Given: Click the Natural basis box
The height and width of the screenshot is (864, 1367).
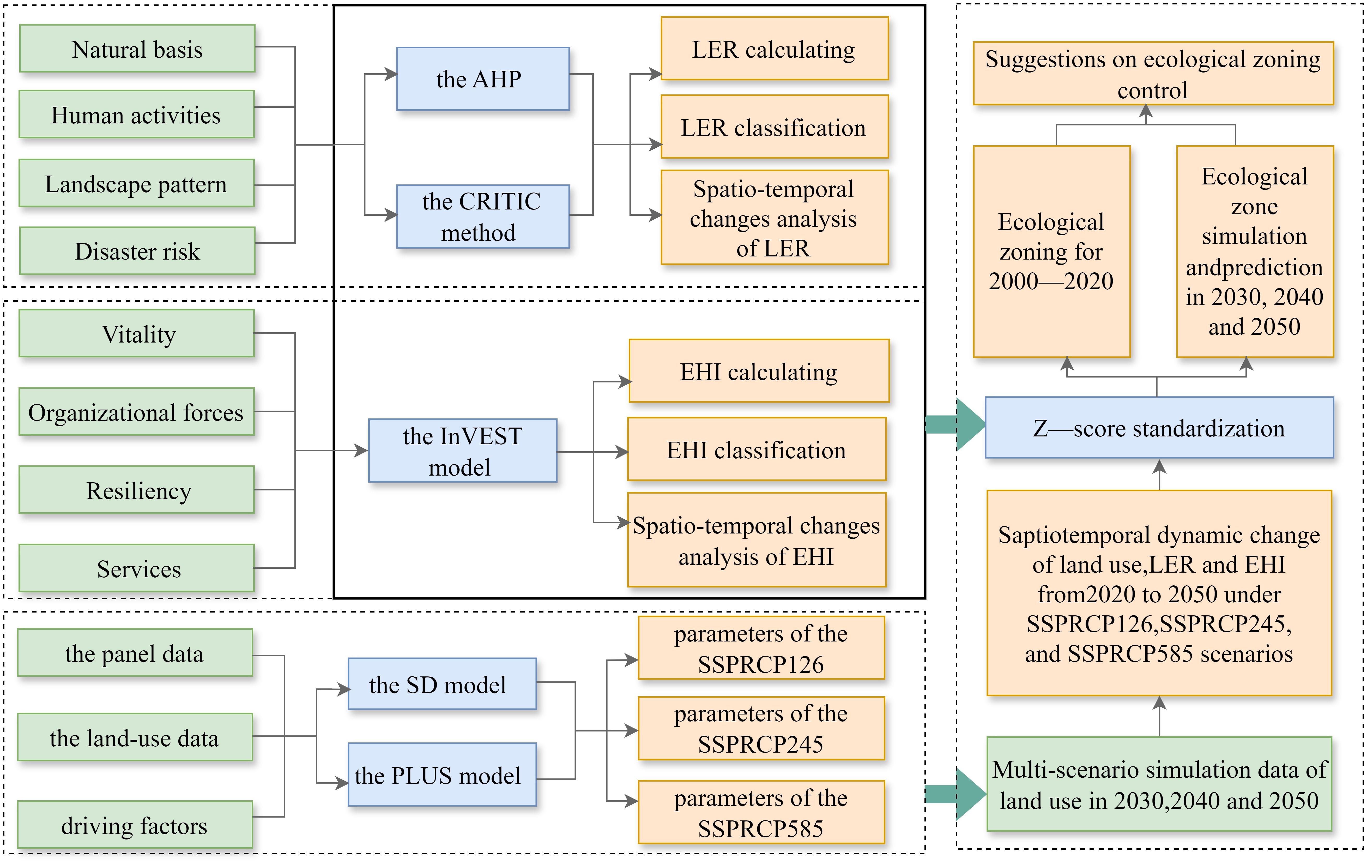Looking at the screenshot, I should click(137, 49).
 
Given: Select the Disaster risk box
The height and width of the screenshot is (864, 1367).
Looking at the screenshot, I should click(137, 250).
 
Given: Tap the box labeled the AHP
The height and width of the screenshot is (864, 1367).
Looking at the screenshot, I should click(482, 79).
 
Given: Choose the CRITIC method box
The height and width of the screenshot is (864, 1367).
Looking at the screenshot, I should click(482, 217).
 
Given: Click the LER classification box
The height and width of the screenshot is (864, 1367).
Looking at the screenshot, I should click(774, 127).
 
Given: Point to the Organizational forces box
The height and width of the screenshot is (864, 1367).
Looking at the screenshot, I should click(136, 412).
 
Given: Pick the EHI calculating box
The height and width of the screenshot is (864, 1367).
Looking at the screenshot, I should click(758, 371).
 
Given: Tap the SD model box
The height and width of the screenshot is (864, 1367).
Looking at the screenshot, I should click(442, 684).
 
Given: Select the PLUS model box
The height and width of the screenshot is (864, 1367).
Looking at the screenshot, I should click(442, 775).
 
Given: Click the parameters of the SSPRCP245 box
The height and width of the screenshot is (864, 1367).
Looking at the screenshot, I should click(761, 728).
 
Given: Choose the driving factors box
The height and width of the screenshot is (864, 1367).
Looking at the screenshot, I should click(135, 825).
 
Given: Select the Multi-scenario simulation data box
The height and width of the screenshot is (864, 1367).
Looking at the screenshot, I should click(1159, 784).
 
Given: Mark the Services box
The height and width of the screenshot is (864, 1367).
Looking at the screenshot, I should click(137, 568).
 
